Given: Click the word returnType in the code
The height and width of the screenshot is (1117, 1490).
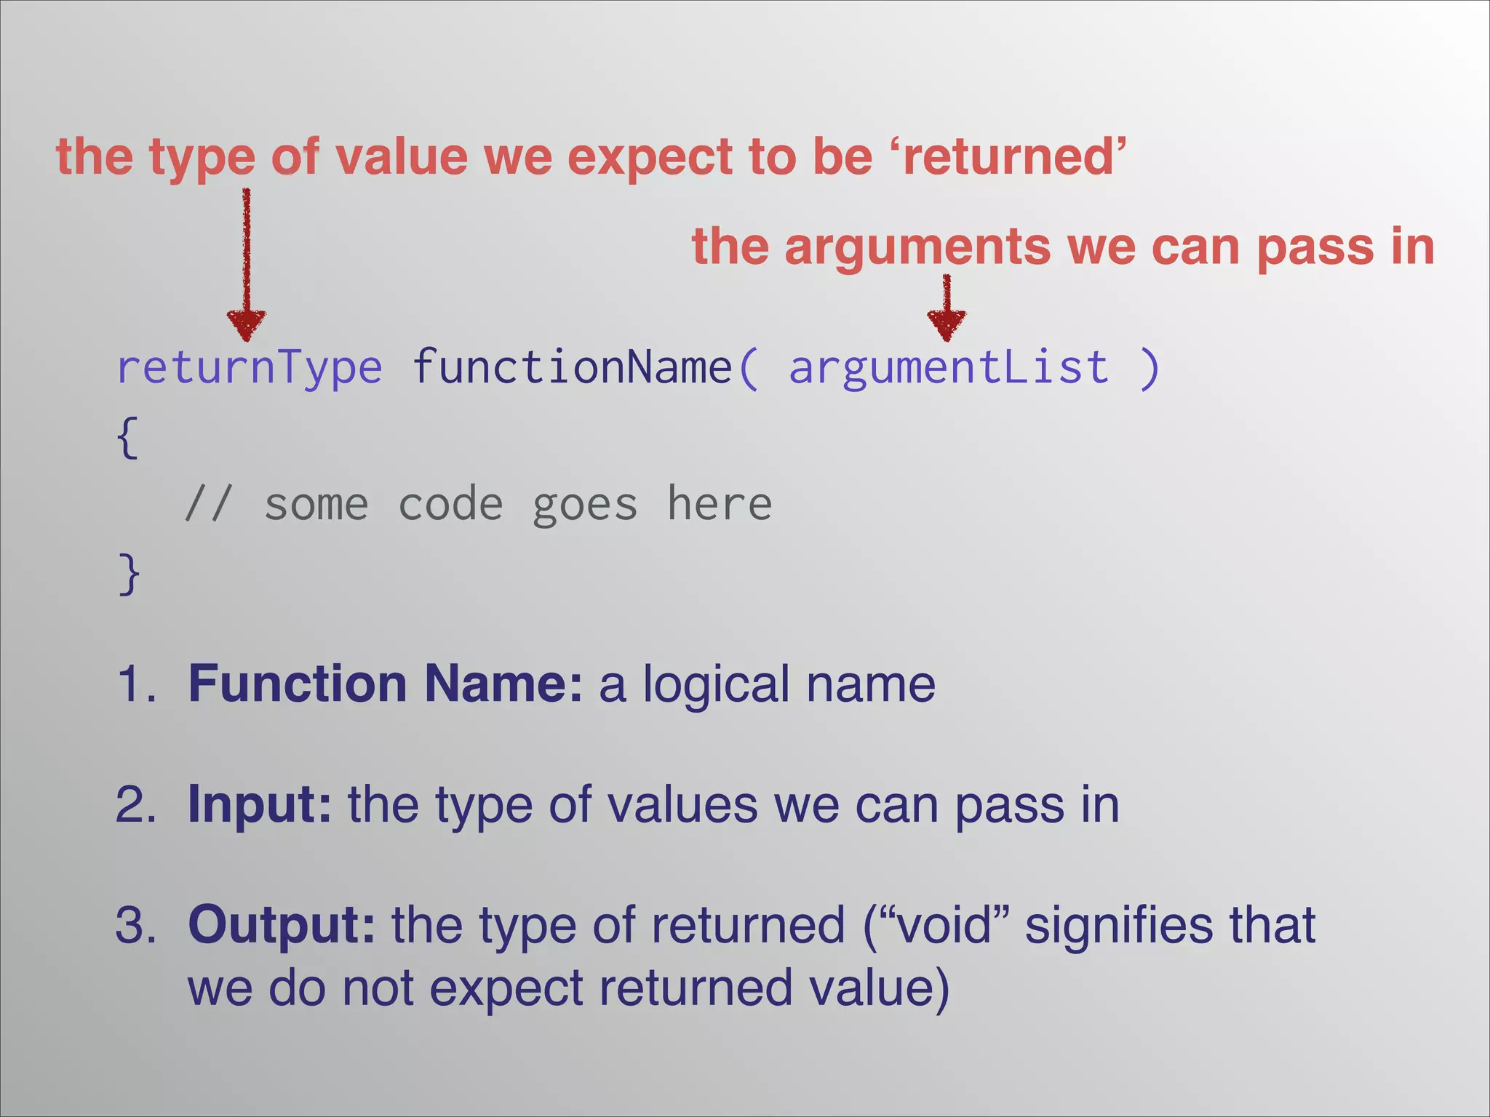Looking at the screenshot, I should (x=249, y=367).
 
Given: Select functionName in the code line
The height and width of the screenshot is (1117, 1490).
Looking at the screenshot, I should (x=572, y=367).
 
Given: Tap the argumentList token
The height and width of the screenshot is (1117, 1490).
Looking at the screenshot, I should (x=949, y=367).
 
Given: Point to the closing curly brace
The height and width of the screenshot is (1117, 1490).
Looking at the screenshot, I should (x=129, y=574).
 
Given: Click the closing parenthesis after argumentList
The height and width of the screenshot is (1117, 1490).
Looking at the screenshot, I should (x=1149, y=368).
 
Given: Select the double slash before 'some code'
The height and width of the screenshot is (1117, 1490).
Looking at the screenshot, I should (x=208, y=504).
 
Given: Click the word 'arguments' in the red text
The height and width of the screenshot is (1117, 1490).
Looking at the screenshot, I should (x=917, y=247).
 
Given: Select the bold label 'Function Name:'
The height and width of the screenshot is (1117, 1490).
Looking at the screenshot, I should (x=385, y=684).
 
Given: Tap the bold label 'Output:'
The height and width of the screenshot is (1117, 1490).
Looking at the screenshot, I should (x=282, y=924).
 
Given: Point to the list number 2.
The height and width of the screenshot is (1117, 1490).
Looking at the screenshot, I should (x=135, y=805).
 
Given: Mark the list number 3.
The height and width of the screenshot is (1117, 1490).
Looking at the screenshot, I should (x=135, y=925).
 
